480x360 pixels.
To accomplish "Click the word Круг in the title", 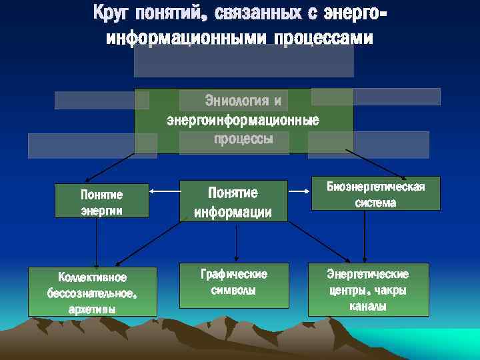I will (113, 13).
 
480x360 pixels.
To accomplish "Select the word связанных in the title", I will (253, 13).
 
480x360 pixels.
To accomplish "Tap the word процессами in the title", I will (326, 39).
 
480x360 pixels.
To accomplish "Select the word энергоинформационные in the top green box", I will (243, 121).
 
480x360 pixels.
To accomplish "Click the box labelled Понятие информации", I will (233, 202).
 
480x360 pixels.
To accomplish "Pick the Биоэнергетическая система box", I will (375, 194).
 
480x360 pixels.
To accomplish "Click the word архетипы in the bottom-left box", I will (92, 309).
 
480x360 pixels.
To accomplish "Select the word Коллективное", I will (92, 277).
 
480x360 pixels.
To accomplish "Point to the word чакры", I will (390, 291).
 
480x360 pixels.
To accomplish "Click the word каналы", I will (368, 307).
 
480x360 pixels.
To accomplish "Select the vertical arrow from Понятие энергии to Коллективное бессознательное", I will (97, 243).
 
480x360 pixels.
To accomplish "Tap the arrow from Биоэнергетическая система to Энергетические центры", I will (365, 236).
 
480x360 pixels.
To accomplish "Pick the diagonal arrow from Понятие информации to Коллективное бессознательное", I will (151, 244).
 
